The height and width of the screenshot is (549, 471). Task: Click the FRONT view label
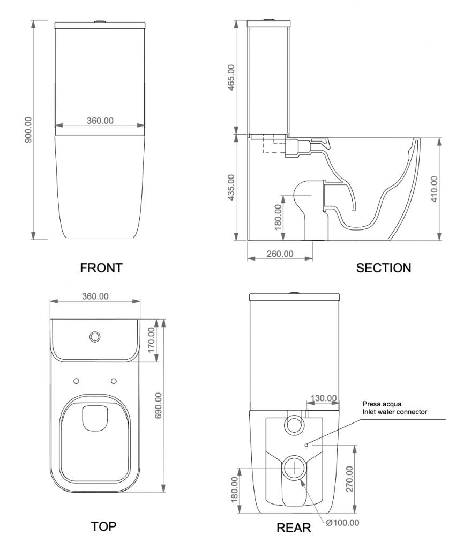click(101, 268)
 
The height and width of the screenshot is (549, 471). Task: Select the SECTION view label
click(384, 268)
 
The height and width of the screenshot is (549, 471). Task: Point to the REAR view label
click(294, 528)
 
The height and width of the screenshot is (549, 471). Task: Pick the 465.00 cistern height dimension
click(231, 78)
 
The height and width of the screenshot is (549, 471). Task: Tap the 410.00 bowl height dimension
click(435, 189)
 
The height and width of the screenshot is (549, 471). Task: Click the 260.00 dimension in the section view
click(280, 254)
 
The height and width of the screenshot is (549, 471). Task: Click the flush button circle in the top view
click(95, 337)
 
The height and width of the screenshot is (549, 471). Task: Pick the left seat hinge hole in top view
click(76, 381)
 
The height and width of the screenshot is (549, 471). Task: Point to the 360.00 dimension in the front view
click(100, 121)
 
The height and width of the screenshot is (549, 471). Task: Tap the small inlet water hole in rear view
click(305, 444)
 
